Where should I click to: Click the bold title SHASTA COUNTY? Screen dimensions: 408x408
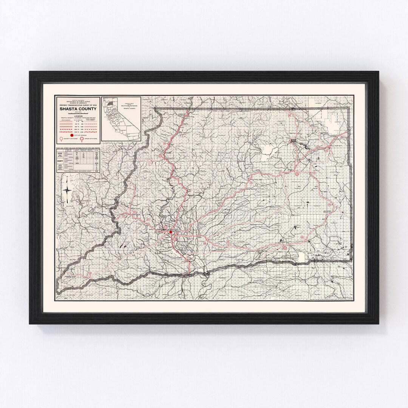click(78, 109)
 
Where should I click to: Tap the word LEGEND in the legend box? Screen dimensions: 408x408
click(78, 116)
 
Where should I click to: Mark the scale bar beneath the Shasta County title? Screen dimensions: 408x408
click(78, 113)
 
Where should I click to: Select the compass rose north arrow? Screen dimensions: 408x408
click(67, 191)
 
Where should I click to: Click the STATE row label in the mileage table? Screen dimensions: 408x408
click(59, 154)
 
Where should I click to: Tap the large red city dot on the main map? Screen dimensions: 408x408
click(171, 232)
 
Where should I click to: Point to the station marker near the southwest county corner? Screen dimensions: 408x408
click(90, 273)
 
